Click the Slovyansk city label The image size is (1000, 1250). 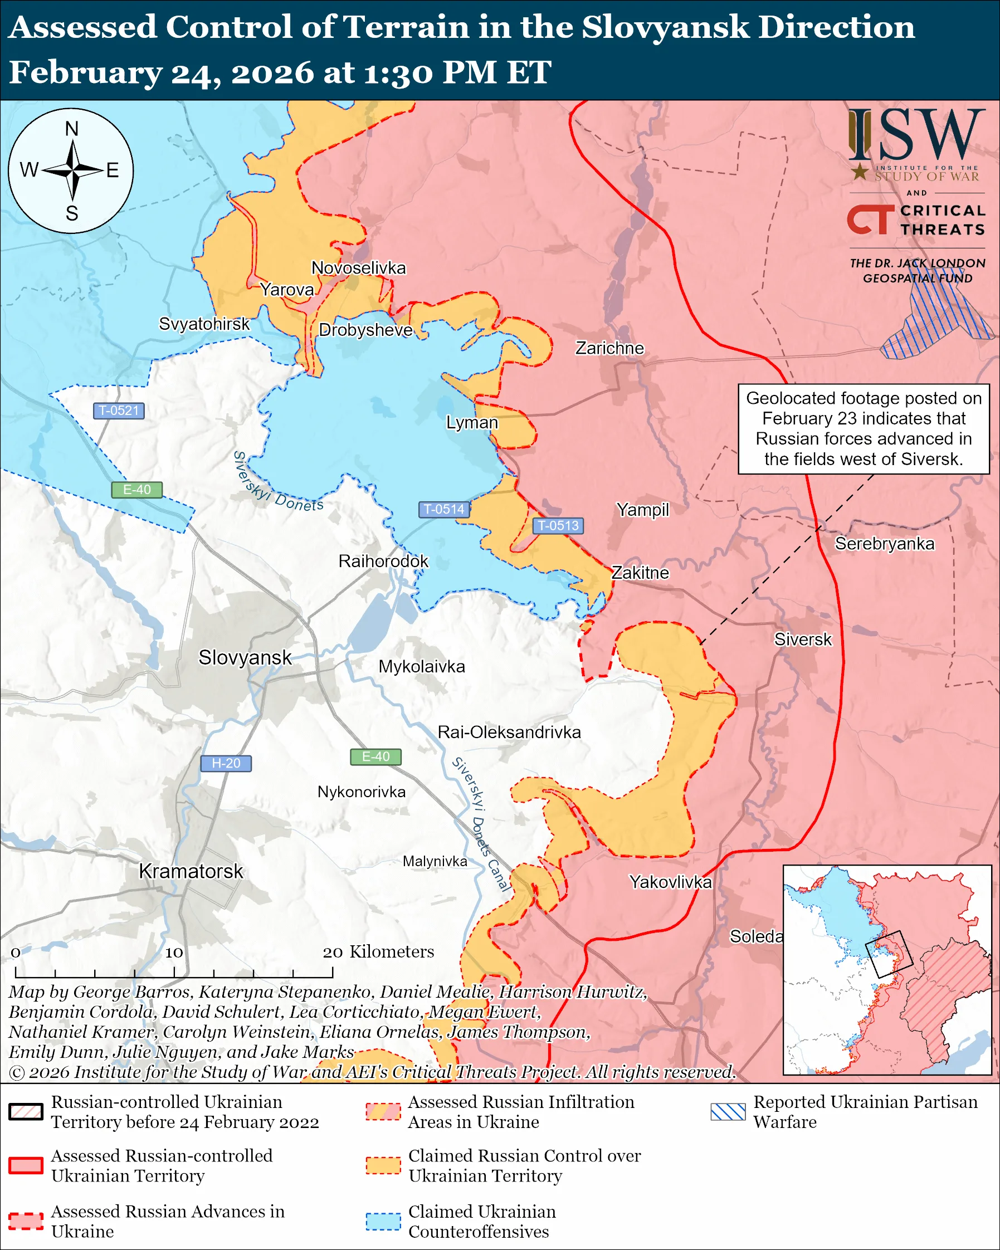[245, 657]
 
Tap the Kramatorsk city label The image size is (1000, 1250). [191, 871]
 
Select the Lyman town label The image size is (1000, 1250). [472, 422]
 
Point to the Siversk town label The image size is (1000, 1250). [802, 639]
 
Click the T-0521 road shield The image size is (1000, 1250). [118, 411]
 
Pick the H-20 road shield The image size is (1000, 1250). [226, 763]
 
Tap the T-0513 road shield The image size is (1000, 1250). [558, 525]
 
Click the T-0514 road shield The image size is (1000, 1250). [443, 509]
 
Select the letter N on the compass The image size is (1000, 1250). [71, 129]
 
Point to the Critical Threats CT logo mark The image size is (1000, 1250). [870, 219]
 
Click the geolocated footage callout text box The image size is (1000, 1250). [863, 428]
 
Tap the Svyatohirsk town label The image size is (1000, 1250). [204, 324]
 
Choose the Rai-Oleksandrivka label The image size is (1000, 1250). [509, 733]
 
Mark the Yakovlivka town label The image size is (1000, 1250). [670, 882]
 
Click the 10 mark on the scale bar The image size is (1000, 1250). [174, 953]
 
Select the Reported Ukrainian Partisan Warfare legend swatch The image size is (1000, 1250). [728, 1111]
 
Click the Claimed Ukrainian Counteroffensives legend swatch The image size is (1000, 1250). [383, 1221]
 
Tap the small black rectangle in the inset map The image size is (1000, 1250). [888, 954]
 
